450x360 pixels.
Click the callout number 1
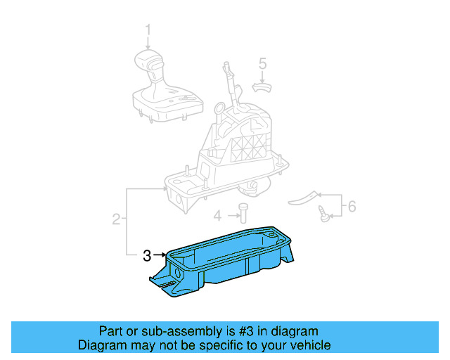coord(148,30)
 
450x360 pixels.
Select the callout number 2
coord(116,220)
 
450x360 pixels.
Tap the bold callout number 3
coord(147,255)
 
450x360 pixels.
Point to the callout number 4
coord(218,215)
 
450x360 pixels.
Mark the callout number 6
coord(352,206)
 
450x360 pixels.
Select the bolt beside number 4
coord(243,212)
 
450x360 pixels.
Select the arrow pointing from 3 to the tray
coord(160,255)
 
